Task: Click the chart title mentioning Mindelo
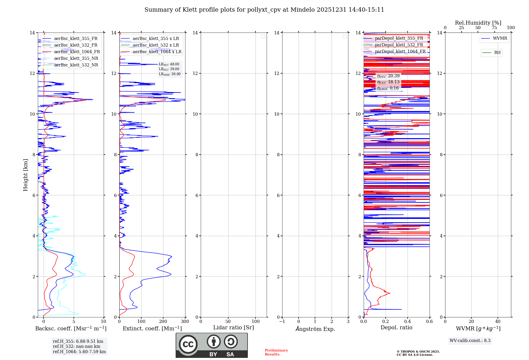(264, 10)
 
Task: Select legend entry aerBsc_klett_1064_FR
(77, 52)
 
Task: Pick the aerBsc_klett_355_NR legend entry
(76, 58)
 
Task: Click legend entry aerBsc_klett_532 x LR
(156, 45)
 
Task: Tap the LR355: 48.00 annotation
(169, 64)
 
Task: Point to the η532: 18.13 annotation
(388, 82)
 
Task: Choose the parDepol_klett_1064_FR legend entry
(400, 52)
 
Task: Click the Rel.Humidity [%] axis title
(478, 23)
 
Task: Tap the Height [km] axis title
(25, 175)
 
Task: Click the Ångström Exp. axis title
(315, 329)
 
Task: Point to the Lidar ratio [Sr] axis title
(234, 328)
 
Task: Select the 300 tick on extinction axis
(185, 322)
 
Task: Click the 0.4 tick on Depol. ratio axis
(408, 322)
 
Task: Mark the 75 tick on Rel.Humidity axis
(494, 28)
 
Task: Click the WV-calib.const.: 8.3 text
(470, 341)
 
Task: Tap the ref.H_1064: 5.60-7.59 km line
(79, 352)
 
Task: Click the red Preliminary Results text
(276, 352)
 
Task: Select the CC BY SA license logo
(212, 345)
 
